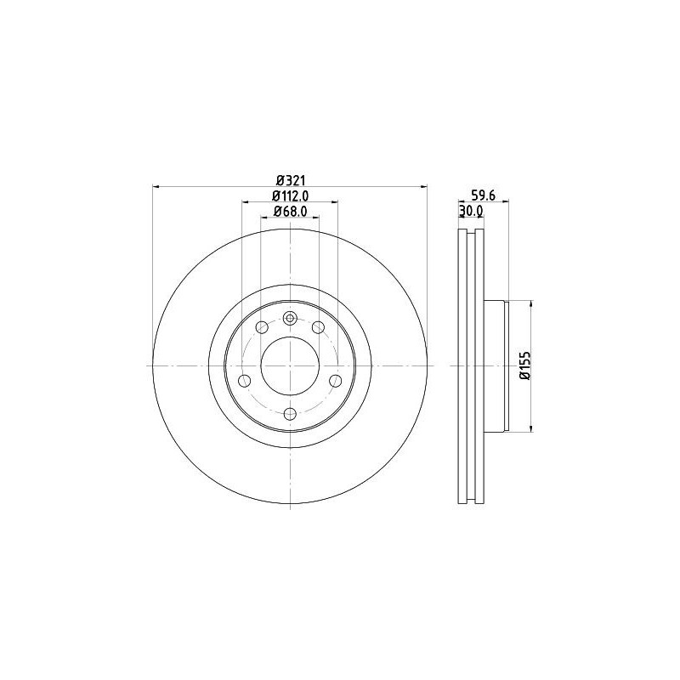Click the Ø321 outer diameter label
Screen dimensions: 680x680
click(x=290, y=179)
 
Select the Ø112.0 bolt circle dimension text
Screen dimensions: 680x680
click(x=290, y=195)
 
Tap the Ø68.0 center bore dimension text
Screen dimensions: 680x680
click(x=290, y=212)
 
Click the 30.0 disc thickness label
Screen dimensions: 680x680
click(x=471, y=211)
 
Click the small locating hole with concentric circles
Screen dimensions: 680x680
click(x=290, y=319)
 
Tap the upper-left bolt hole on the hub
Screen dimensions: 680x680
click(x=262, y=328)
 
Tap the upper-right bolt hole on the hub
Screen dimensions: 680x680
click(x=318, y=328)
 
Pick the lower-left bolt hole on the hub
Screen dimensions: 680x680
click(x=245, y=379)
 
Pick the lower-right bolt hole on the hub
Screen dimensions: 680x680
click(x=335, y=379)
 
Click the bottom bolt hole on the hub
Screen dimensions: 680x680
click(x=290, y=414)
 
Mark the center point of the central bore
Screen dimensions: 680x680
click(x=290, y=365)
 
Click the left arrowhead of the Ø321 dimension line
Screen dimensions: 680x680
click(x=156, y=187)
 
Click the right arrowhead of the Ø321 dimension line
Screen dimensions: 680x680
click(x=423, y=187)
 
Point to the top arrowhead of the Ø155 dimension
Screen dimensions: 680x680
click(x=531, y=303)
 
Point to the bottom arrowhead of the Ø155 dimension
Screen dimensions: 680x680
click(x=531, y=428)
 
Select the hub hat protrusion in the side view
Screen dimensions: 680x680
click(x=496, y=365)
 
